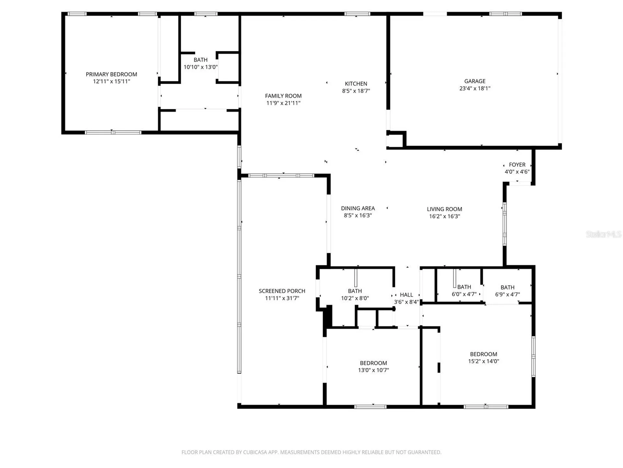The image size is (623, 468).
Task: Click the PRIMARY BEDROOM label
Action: click(x=111, y=74)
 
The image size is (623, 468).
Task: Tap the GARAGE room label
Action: click(x=475, y=81)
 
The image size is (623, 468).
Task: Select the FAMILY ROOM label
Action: click(x=283, y=96)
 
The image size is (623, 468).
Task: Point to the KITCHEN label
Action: click(x=356, y=84)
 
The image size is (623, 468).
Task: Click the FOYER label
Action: click(x=517, y=165)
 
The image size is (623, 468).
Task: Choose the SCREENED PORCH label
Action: click(x=282, y=291)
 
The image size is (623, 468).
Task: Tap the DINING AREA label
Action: click(x=358, y=208)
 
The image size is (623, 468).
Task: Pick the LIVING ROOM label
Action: click(x=445, y=209)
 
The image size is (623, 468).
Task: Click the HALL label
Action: click(x=406, y=295)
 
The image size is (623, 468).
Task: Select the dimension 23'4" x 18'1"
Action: click(x=475, y=88)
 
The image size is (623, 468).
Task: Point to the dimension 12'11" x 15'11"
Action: click(x=111, y=82)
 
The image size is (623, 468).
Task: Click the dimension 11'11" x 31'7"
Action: click(x=282, y=298)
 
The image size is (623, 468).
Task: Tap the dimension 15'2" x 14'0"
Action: click(x=483, y=361)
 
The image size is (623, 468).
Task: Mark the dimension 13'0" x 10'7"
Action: click(x=373, y=370)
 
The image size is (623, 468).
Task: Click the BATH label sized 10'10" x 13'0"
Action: click(x=201, y=60)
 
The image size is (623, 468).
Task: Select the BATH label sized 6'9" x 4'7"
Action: click(x=507, y=287)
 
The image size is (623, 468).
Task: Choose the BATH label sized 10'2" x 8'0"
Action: click(x=355, y=291)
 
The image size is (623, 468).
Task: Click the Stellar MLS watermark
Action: click(x=604, y=234)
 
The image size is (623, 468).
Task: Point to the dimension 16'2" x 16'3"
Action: click(x=445, y=216)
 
